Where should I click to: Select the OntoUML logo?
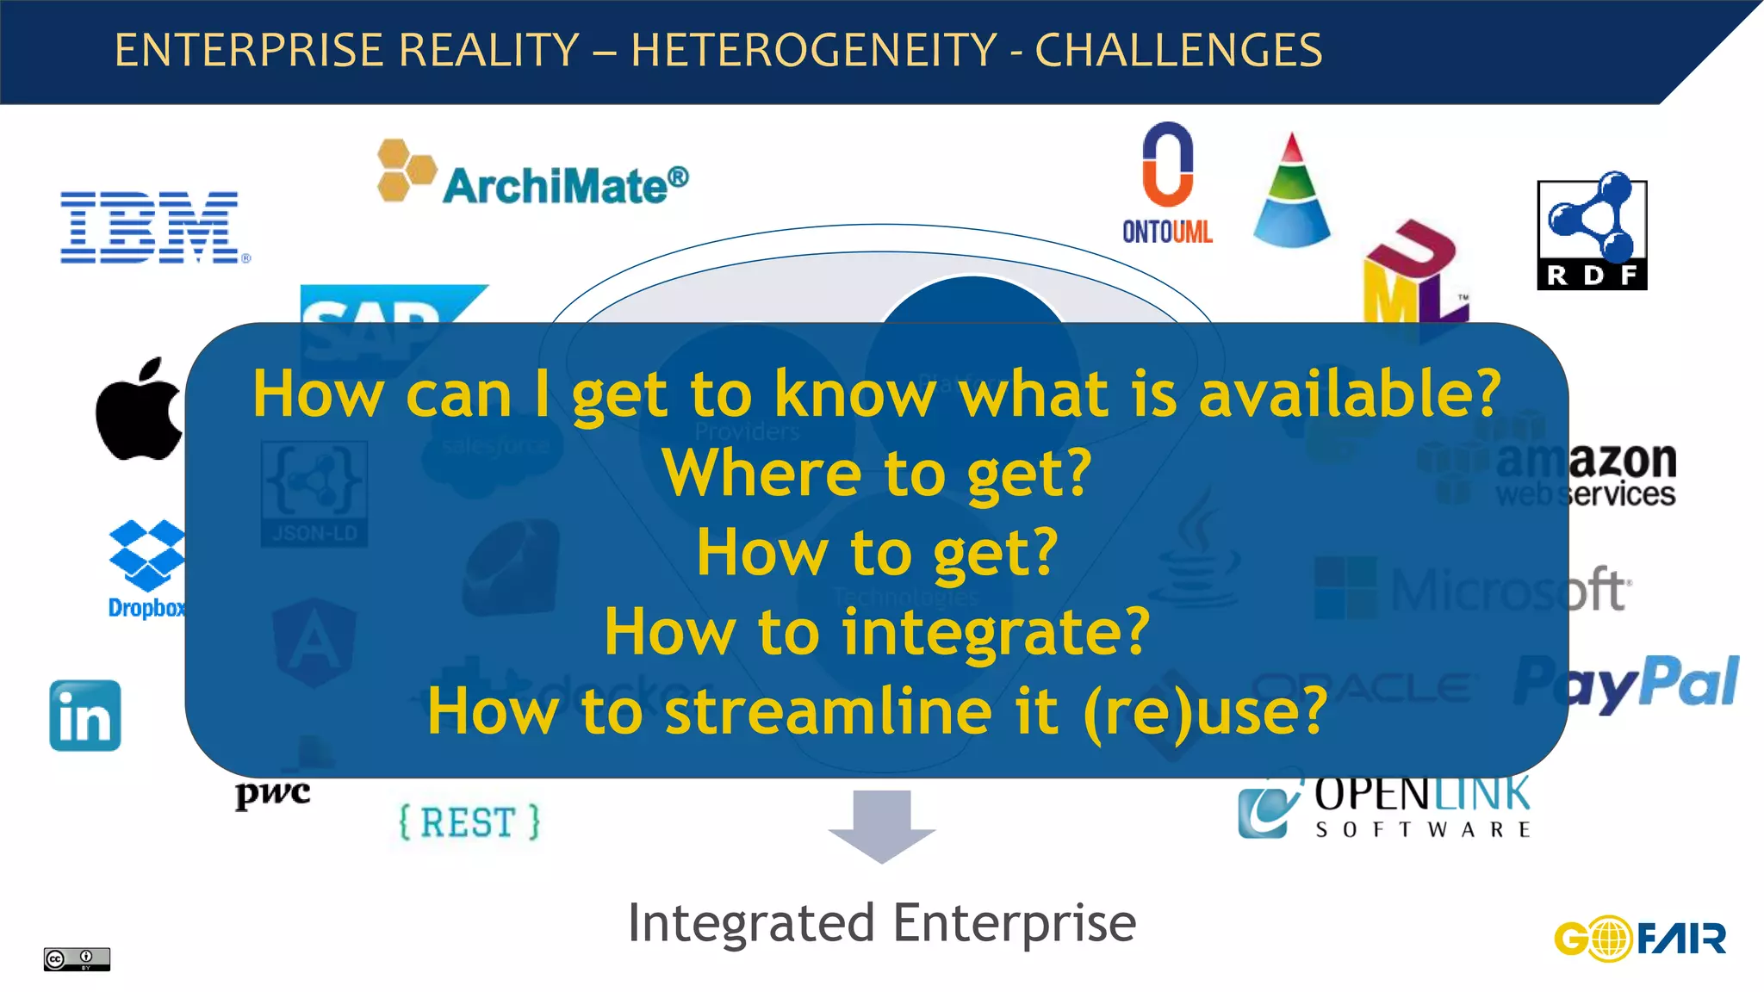(1167, 183)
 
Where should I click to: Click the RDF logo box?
(1592, 234)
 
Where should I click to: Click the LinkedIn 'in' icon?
(85, 716)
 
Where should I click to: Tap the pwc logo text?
(272, 791)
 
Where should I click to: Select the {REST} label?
(469, 821)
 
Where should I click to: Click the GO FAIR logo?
(1639, 938)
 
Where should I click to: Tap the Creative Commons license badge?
(77, 958)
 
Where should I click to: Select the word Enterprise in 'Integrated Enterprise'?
(1015, 923)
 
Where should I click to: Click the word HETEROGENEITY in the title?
(814, 50)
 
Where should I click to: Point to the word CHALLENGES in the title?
(1178, 50)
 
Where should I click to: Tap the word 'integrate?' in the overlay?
(996, 632)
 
